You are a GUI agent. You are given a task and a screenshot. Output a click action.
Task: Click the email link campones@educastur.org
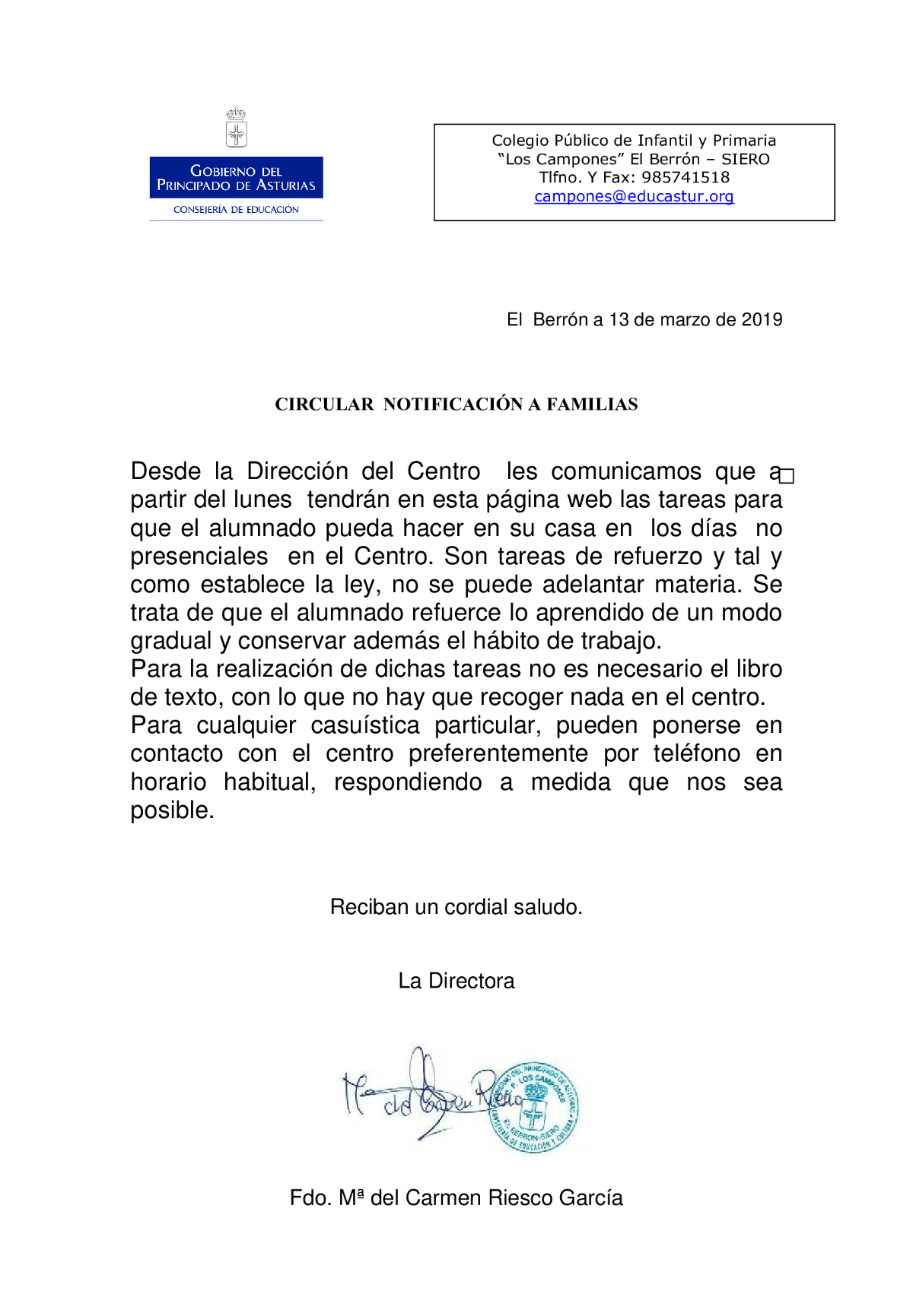pos(634,196)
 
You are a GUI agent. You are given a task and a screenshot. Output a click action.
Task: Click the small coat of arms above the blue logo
pos(237,128)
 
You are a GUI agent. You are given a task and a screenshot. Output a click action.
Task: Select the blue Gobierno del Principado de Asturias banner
pos(236,178)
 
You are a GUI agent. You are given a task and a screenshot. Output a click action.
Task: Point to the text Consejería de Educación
pos(236,210)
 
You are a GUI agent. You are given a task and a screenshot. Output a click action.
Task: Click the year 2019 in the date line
pos(762,319)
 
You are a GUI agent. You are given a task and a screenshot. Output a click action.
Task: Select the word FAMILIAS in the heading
pos(592,404)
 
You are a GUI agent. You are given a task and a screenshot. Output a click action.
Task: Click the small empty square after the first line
pos(787,476)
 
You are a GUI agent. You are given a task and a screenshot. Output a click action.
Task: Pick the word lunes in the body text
pos(262,500)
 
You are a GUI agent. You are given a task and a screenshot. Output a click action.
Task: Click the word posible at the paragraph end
pos(172,810)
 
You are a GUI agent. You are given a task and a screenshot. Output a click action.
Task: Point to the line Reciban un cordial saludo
pos(456,907)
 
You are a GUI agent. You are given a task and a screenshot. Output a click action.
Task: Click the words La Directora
pos(456,981)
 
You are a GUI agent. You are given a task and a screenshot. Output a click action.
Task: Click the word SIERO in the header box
pos(745,159)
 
